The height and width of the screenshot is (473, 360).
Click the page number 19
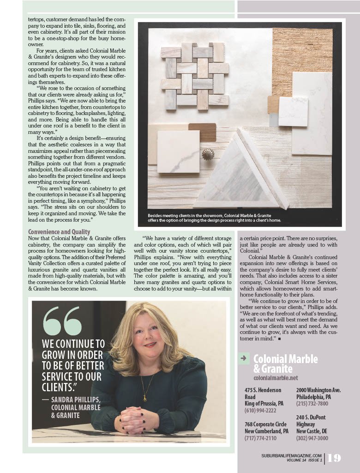pos(335,458)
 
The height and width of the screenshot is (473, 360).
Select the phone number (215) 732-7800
pos(312,403)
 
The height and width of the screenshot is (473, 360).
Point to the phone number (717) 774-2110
pos(260,438)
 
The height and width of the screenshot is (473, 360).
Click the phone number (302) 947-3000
pos(312,438)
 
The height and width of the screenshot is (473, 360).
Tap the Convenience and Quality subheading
pos(59,232)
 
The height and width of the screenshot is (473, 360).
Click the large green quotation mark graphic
pos(62,320)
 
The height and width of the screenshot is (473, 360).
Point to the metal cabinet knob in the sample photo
pos(208,154)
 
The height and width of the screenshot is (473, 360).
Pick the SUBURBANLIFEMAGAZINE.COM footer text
pos(291,455)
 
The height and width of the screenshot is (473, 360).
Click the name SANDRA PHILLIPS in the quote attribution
pos(75,399)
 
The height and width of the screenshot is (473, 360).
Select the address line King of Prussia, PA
pos(264,403)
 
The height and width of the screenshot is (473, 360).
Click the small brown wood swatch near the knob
pos(202,132)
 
